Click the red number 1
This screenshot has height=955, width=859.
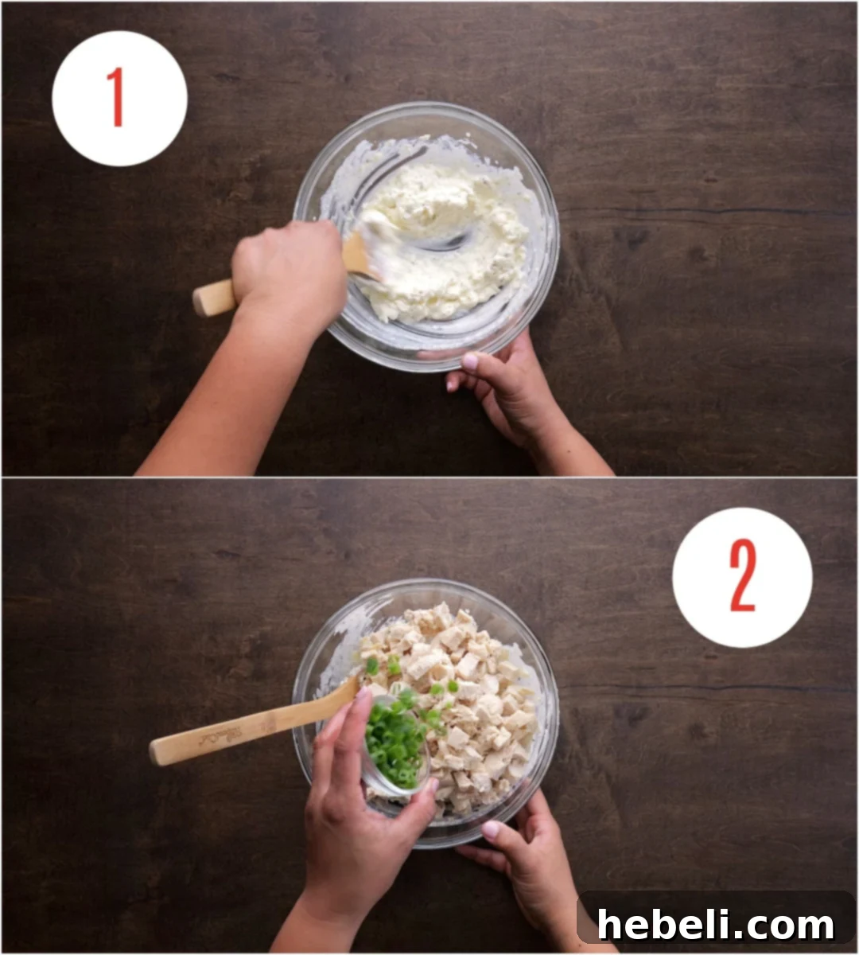tap(117, 97)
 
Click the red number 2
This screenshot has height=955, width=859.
tap(742, 577)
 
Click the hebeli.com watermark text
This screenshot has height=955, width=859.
tap(716, 926)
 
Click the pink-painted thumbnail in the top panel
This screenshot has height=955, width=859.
tap(470, 361)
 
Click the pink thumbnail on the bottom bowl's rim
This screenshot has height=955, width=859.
tap(492, 829)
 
